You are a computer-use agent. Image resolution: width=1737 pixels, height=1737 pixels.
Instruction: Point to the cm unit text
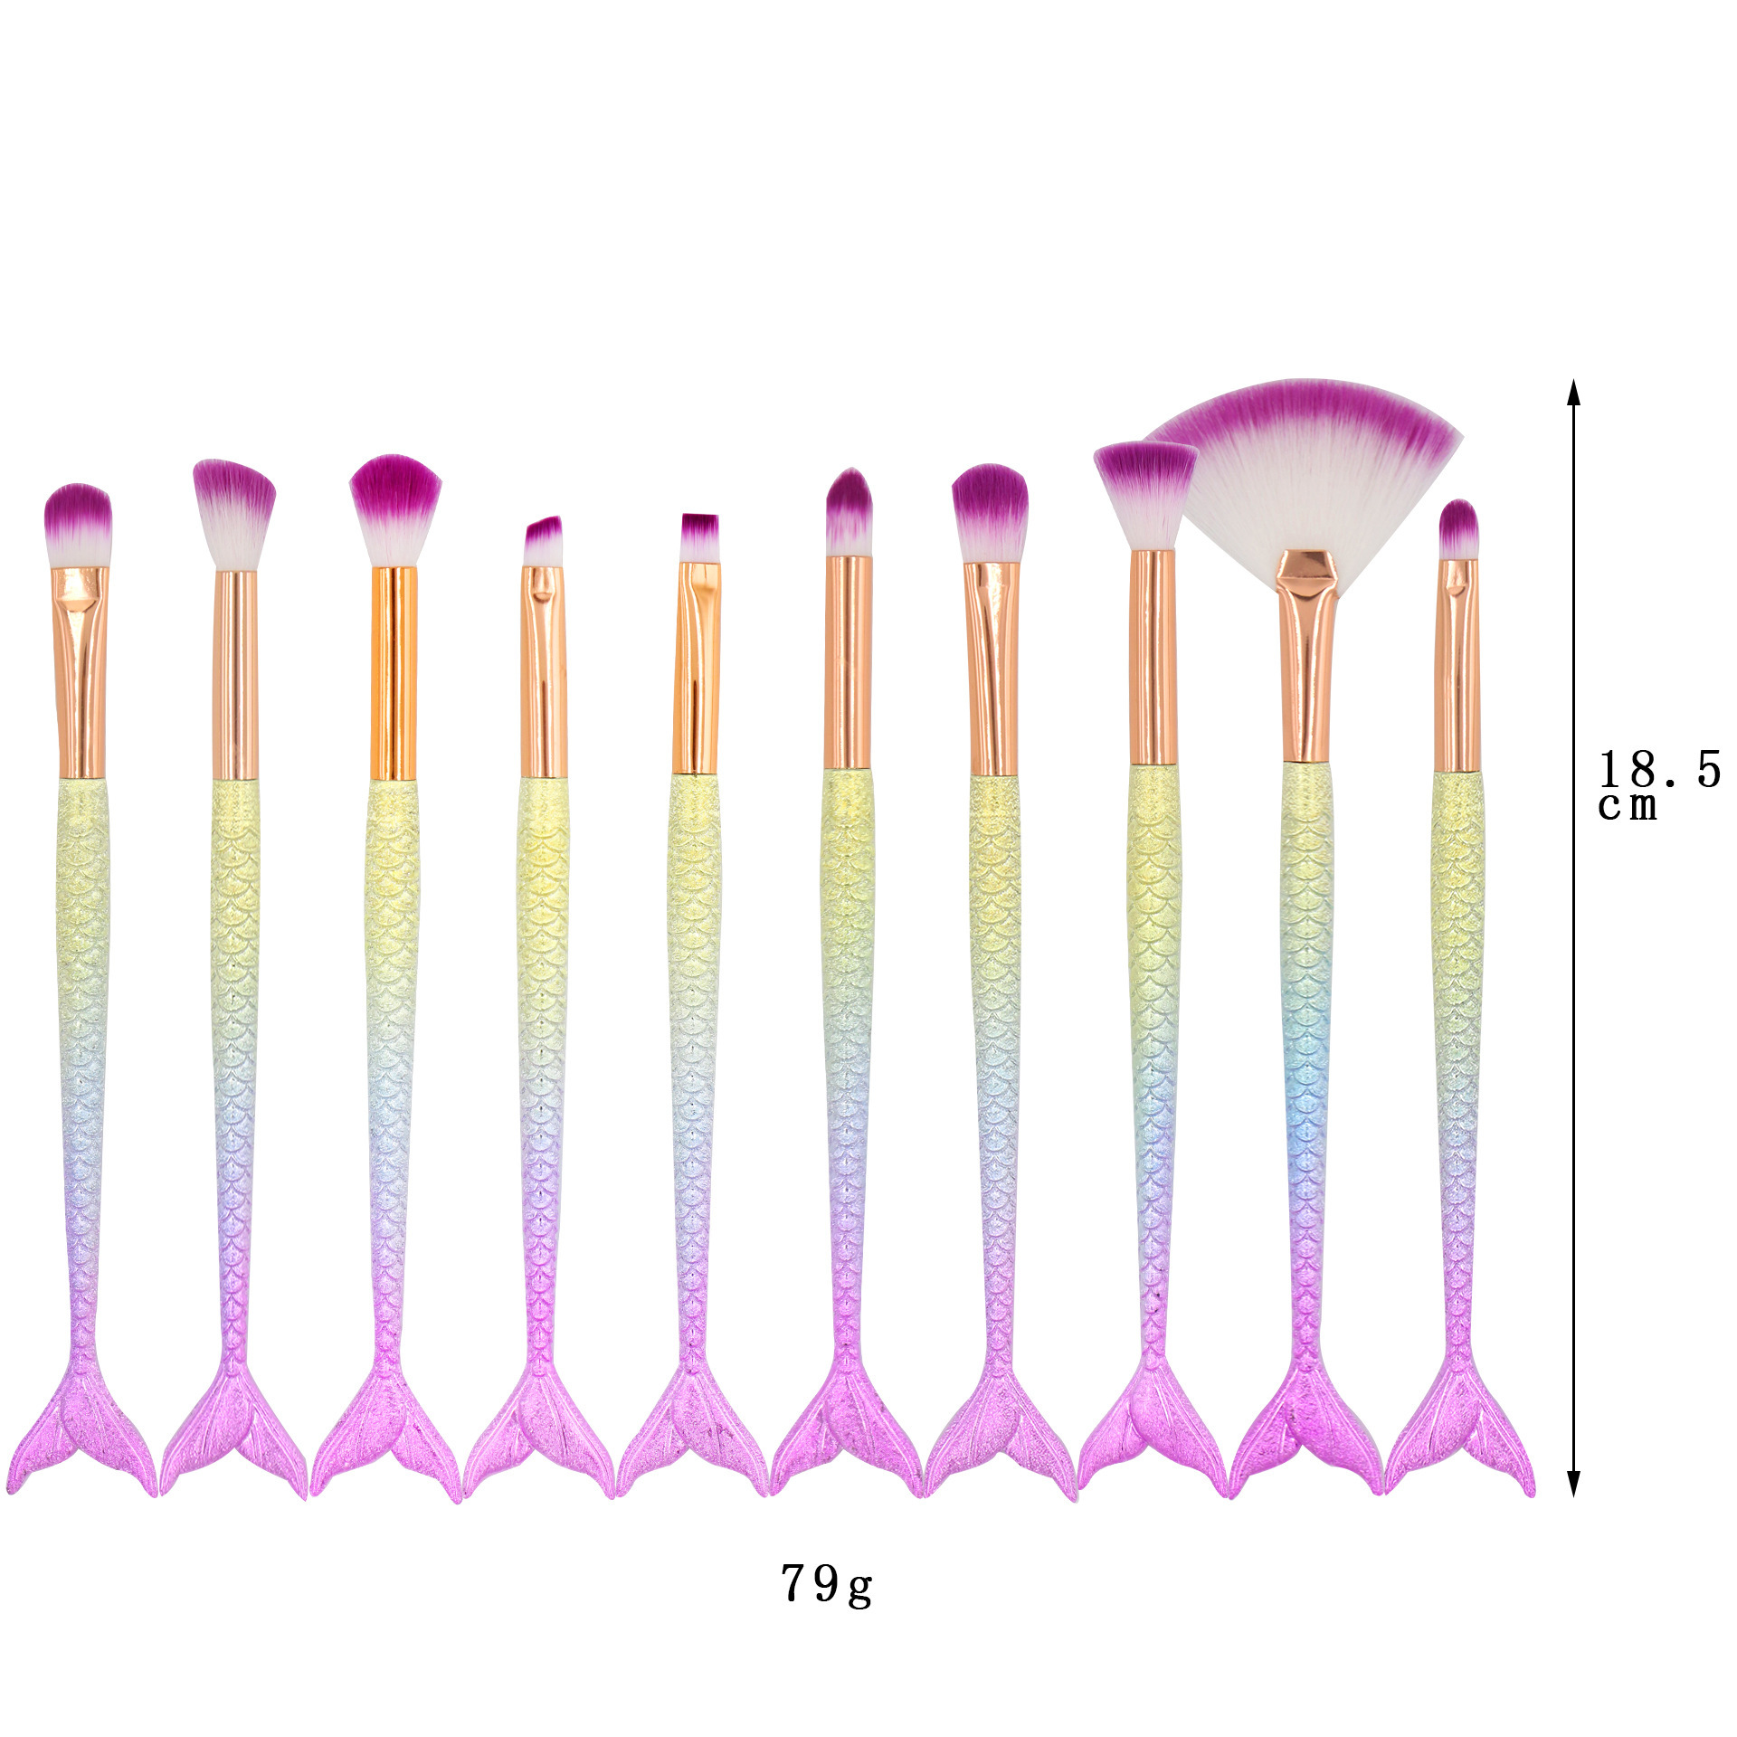(x=1628, y=806)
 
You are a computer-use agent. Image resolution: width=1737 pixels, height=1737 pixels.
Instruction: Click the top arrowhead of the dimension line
(x=1573, y=394)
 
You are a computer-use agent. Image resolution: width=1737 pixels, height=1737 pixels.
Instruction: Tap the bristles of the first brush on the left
(x=78, y=525)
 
